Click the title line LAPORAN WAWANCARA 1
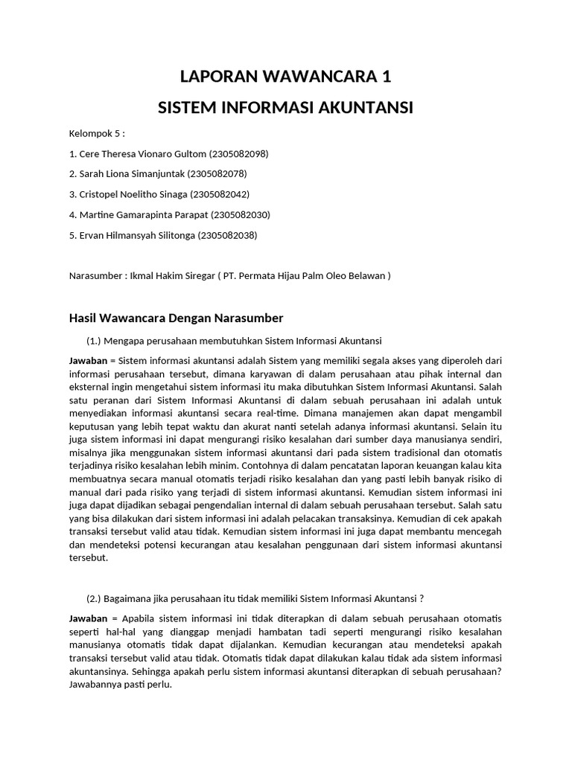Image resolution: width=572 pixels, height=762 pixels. [x=286, y=77]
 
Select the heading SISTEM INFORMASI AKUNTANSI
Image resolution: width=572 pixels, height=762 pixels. [x=286, y=108]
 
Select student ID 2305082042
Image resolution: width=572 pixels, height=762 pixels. [x=220, y=194]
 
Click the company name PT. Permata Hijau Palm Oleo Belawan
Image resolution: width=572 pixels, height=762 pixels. [x=305, y=275]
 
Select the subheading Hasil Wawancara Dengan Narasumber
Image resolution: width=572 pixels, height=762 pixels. [x=176, y=318]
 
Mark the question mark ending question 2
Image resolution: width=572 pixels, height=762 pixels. [x=422, y=598]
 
